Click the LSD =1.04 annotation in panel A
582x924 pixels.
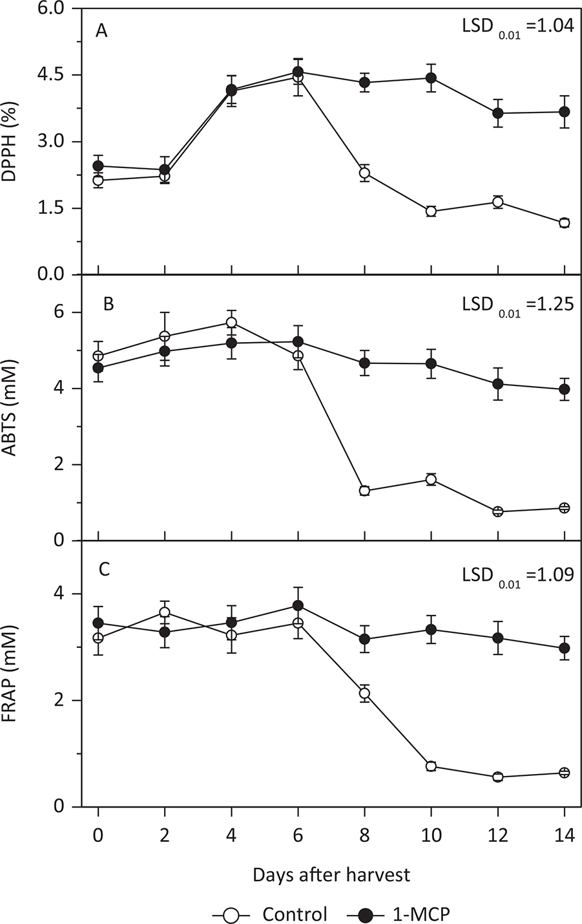click(517, 29)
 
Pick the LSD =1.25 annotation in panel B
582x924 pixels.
click(517, 303)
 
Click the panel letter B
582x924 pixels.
click(109, 304)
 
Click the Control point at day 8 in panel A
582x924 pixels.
click(364, 173)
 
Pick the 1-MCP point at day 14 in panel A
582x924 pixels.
click(564, 112)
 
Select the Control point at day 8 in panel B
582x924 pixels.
click(364, 490)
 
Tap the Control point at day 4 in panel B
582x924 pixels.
click(231, 322)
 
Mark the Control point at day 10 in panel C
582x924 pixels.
click(431, 766)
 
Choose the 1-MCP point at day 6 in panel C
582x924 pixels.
click(298, 605)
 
